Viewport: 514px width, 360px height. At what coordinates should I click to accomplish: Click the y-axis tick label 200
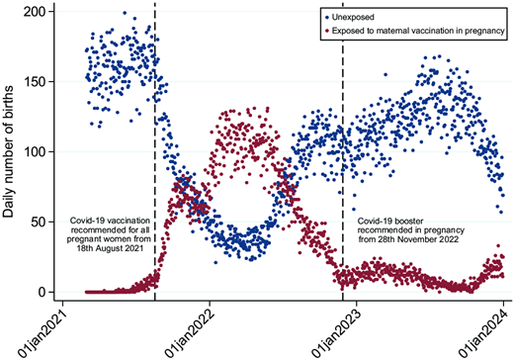coord(37,11)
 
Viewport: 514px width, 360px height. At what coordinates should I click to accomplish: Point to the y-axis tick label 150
coord(37,81)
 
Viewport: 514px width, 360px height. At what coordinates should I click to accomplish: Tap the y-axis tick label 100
coord(37,151)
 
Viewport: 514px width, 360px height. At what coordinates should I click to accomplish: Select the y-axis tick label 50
coord(41,222)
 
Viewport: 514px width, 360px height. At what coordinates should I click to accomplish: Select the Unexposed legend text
coord(358,18)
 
